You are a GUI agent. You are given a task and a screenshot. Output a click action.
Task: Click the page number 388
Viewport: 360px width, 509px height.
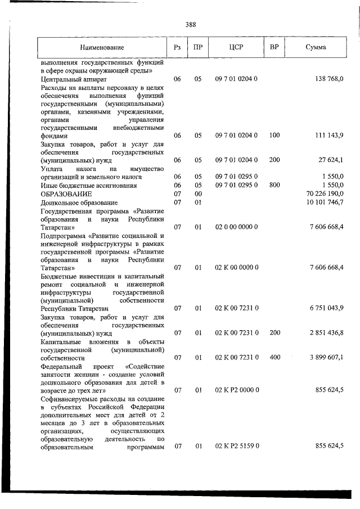coord(190,24)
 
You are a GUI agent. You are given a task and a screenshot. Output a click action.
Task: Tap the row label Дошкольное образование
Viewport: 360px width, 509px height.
coord(79,202)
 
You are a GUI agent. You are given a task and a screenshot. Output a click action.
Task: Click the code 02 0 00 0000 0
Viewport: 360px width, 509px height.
coord(236,227)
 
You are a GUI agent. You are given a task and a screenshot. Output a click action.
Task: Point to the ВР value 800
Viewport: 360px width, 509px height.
coord(274,185)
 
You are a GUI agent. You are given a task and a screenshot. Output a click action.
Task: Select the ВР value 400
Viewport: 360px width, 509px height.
coord(274,357)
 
